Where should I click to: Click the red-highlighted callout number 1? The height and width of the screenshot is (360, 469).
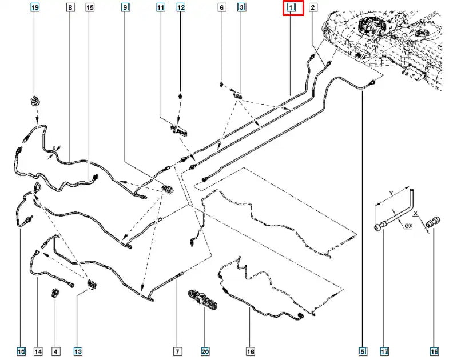pyautogui.click(x=291, y=8)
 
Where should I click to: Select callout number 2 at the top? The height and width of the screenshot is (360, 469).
pyautogui.click(x=313, y=7)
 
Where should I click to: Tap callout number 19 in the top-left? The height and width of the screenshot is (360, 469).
pyautogui.click(x=34, y=7)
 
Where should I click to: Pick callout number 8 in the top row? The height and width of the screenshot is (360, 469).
pyautogui.click(x=70, y=7)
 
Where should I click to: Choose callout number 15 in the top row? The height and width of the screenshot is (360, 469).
pyautogui.click(x=90, y=7)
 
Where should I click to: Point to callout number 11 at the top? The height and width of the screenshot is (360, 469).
pyautogui.click(x=161, y=7)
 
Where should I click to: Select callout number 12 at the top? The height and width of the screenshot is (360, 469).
pyautogui.click(x=181, y=7)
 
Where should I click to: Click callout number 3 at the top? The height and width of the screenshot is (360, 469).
pyautogui.click(x=241, y=7)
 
